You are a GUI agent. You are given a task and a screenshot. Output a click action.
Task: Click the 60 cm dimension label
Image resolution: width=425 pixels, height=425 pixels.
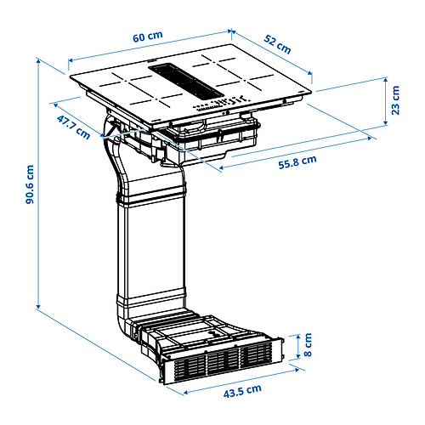click(148, 37)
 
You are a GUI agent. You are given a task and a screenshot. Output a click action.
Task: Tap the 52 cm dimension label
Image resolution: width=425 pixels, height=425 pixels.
click(277, 44)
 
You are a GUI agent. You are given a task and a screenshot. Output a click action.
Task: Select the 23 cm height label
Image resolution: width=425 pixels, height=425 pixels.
click(395, 100)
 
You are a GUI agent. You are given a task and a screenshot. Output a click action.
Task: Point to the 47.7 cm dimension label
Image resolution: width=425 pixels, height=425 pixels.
click(73, 127)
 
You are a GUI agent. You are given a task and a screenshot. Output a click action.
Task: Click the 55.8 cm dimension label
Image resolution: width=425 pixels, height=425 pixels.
click(297, 162)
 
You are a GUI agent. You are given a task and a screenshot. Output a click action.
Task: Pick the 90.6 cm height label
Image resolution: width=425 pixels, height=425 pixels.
click(30, 184)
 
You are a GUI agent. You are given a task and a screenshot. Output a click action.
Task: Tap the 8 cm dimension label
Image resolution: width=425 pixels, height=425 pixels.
click(308, 344)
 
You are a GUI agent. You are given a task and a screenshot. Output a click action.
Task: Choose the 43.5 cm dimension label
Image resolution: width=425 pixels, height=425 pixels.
click(242, 391)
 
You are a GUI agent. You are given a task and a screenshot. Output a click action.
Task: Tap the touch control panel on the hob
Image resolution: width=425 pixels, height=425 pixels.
click(222, 104)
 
